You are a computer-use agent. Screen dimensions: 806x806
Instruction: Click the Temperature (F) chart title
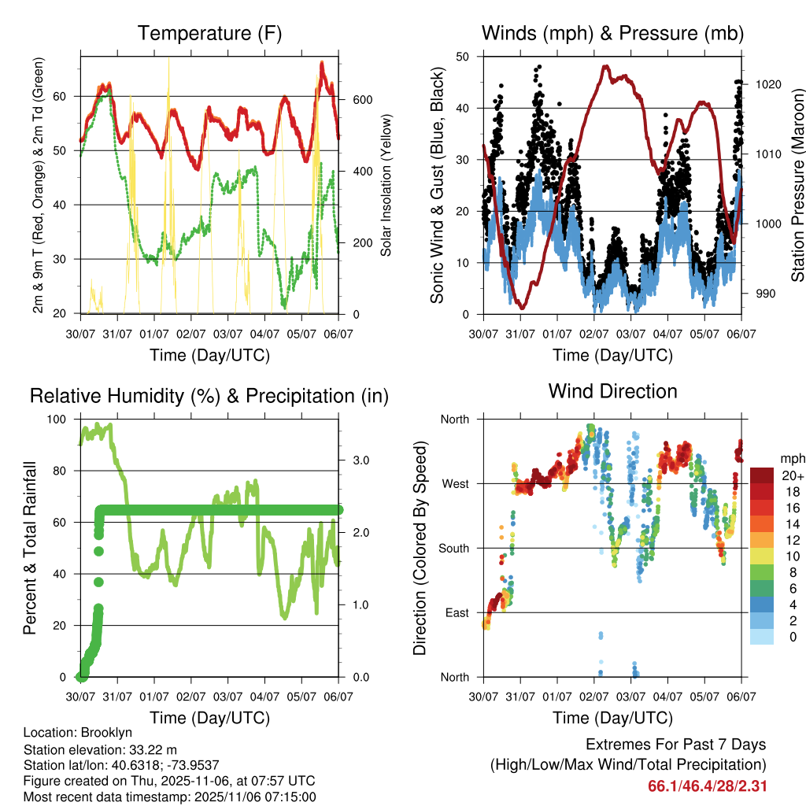coord(209,33)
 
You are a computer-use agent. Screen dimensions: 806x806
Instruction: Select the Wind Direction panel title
coord(612,391)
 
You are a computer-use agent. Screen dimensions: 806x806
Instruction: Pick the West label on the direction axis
coord(454,483)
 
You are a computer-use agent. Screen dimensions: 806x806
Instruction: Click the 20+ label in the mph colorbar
coord(771,476)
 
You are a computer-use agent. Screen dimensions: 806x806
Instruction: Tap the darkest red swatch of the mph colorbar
coord(761,476)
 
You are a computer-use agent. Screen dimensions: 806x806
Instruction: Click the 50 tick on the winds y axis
coord(464,57)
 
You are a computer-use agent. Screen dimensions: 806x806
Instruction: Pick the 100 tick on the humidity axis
coord(59,419)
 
